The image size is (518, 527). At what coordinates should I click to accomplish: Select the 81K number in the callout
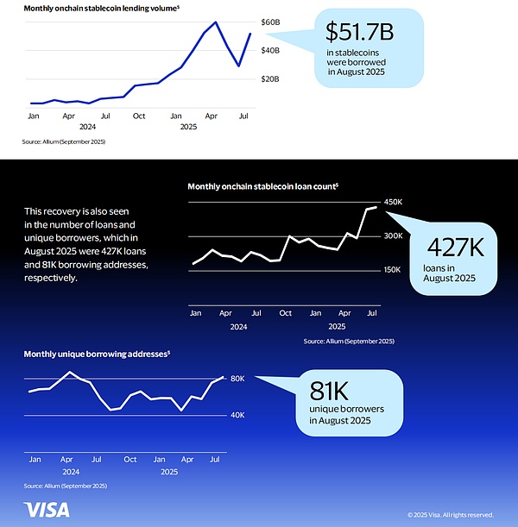[332, 389]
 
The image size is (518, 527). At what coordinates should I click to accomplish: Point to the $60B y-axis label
[270, 22]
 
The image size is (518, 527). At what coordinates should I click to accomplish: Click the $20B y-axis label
[270, 78]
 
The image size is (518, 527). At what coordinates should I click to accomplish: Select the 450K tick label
[394, 203]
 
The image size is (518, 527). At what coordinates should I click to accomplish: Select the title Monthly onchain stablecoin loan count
[262, 185]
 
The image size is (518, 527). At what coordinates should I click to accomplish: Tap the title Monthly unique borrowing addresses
[95, 354]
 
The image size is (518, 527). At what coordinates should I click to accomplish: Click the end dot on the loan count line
[375, 207]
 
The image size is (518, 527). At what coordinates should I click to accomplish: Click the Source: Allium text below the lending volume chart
[64, 141]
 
